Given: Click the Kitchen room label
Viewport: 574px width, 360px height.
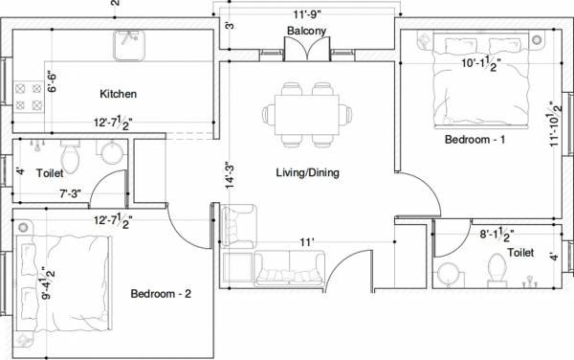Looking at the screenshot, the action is tap(119, 94).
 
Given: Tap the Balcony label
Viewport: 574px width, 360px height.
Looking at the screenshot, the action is tap(306, 31).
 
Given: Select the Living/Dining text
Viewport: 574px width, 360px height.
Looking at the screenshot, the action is tap(307, 172).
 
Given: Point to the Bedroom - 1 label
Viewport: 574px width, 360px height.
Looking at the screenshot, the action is tap(475, 140).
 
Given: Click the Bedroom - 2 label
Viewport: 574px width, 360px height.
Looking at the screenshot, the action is tap(161, 294).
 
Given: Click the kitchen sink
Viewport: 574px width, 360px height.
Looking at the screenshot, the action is tap(129, 45).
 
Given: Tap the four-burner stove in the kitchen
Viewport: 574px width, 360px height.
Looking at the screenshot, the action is tap(29, 97).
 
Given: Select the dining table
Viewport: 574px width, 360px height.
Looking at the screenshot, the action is tap(307, 115).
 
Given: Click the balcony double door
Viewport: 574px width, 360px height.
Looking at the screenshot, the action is tap(307, 49).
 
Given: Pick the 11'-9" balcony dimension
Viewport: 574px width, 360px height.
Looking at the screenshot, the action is tap(307, 14).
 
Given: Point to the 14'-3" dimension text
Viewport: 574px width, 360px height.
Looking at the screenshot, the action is tap(230, 175).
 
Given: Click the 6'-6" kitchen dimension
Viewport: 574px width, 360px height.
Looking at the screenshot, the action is tap(52, 81).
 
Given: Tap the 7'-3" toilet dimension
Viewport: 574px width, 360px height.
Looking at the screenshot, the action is tap(70, 193).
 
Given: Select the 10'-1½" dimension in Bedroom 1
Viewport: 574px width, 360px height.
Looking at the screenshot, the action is tap(480, 64).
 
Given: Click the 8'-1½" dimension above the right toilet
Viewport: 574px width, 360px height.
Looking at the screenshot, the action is tap(497, 235).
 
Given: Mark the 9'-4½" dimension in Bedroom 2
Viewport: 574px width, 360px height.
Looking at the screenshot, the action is tap(48, 283).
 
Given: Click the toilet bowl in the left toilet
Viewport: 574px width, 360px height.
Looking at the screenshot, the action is tap(70, 157).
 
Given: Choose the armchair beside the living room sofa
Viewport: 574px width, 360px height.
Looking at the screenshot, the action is tap(238, 226).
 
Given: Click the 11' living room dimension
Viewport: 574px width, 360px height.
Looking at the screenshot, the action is tap(307, 242).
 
